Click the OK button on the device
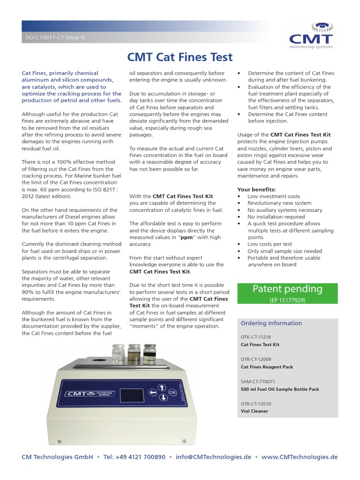[172, 392]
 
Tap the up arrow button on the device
[162, 387]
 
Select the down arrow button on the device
[163, 397]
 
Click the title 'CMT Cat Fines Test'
[180, 57]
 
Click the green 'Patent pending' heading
[287, 289]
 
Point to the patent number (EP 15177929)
[287, 300]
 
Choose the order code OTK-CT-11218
[255, 337]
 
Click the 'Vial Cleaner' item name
[254, 411]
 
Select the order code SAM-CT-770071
[258, 382]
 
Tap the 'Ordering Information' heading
[271, 323]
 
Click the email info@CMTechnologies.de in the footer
[213, 457]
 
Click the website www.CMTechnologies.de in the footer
[300, 457]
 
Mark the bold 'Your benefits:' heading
[256, 189]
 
